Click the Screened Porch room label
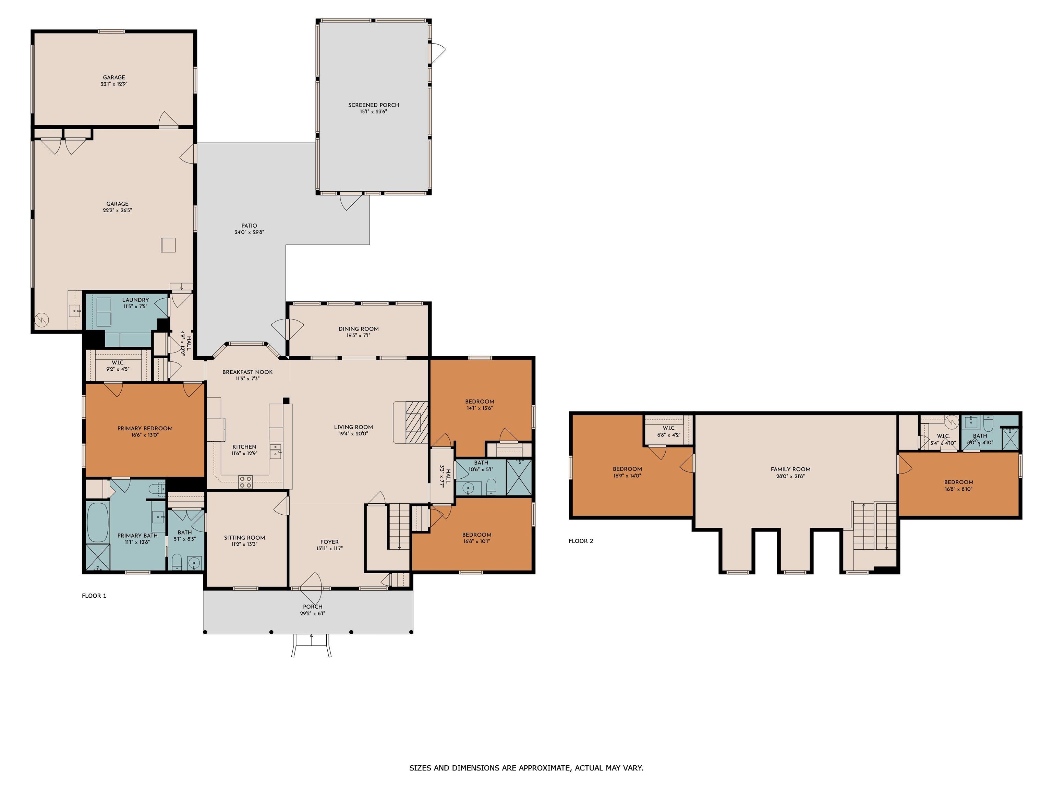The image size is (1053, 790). (373, 105)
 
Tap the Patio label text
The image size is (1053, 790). (249, 226)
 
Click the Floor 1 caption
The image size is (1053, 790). (94, 596)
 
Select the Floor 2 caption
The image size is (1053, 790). (581, 541)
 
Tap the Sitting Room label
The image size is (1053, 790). (245, 538)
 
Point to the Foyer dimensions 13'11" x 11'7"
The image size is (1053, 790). (329, 548)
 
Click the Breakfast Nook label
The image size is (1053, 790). (247, 372)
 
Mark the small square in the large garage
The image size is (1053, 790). (168, 245)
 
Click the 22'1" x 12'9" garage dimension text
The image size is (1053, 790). (114, 84)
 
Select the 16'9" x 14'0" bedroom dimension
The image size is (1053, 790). (627, 475)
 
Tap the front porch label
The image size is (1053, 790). (313, 607)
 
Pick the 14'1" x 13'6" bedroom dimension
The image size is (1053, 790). (480, 408)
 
